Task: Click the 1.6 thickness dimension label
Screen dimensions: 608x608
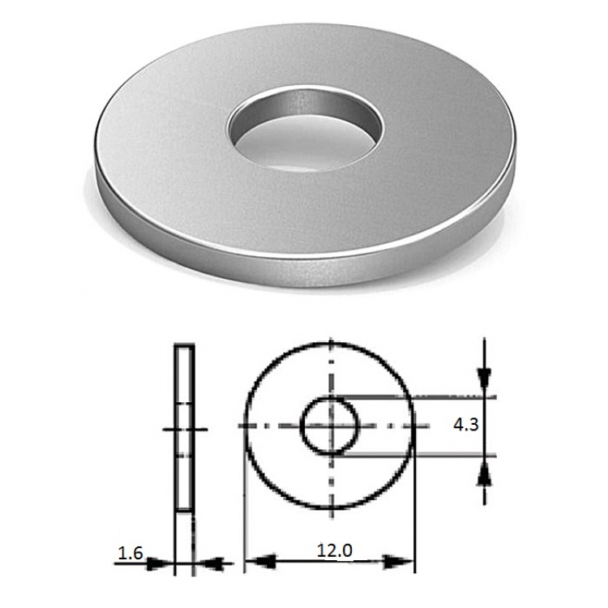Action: pos(131,554)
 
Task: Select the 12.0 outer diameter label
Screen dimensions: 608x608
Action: pos(334,550)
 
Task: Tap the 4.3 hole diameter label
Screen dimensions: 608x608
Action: pos(465,425)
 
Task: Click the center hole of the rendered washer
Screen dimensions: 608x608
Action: pos(306,129)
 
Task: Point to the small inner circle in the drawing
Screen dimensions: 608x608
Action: pos(302,426)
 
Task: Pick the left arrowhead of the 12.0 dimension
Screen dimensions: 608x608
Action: pos(260,561)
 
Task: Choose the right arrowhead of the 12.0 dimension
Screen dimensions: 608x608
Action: pos(398,561)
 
